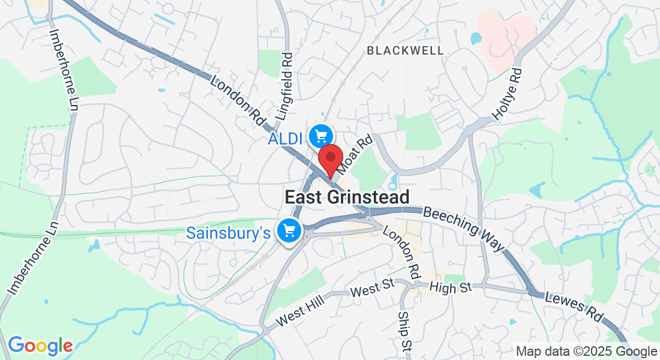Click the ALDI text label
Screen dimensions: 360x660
pyautogui.click(x=284, y=139)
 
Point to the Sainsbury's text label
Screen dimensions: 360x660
pyautogui.click(x=229, y=232)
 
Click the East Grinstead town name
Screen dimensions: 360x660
pyautogui.click(x=347, y=197)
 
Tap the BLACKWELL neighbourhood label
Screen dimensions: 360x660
pyautogui.click(x=406, y=51)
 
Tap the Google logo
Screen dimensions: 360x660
pyautogui.click(x=40, y=345)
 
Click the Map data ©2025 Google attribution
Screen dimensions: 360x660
pyautogui.click(x=586, y=352)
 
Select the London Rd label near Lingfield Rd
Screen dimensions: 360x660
pyautogui.click(x=238, y=100)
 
